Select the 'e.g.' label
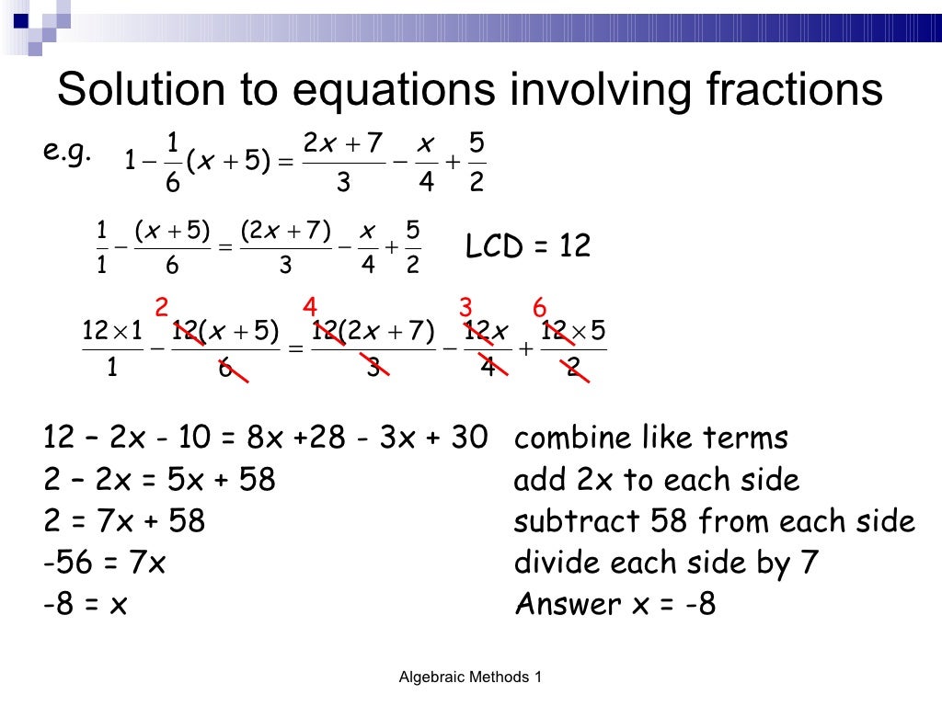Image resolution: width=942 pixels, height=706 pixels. [66, 152]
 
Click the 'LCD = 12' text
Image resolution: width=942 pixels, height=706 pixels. [527, 245]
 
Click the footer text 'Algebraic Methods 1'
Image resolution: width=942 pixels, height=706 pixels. [470, 678]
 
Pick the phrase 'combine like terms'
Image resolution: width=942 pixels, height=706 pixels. [650, 438]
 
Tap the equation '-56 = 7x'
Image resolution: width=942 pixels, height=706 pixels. [104, 563]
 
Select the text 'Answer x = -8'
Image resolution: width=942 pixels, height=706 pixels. [615, 604]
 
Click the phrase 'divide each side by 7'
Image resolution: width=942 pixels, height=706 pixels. [666, 563]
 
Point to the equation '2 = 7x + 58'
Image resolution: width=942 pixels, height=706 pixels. [124, 521]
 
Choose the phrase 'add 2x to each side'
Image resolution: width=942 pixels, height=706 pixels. [656, 480]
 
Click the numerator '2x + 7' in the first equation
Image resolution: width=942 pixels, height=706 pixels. [342, 145]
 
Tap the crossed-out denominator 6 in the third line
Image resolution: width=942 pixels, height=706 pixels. [224, 370]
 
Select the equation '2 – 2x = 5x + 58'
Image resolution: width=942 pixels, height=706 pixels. [159, 480]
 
